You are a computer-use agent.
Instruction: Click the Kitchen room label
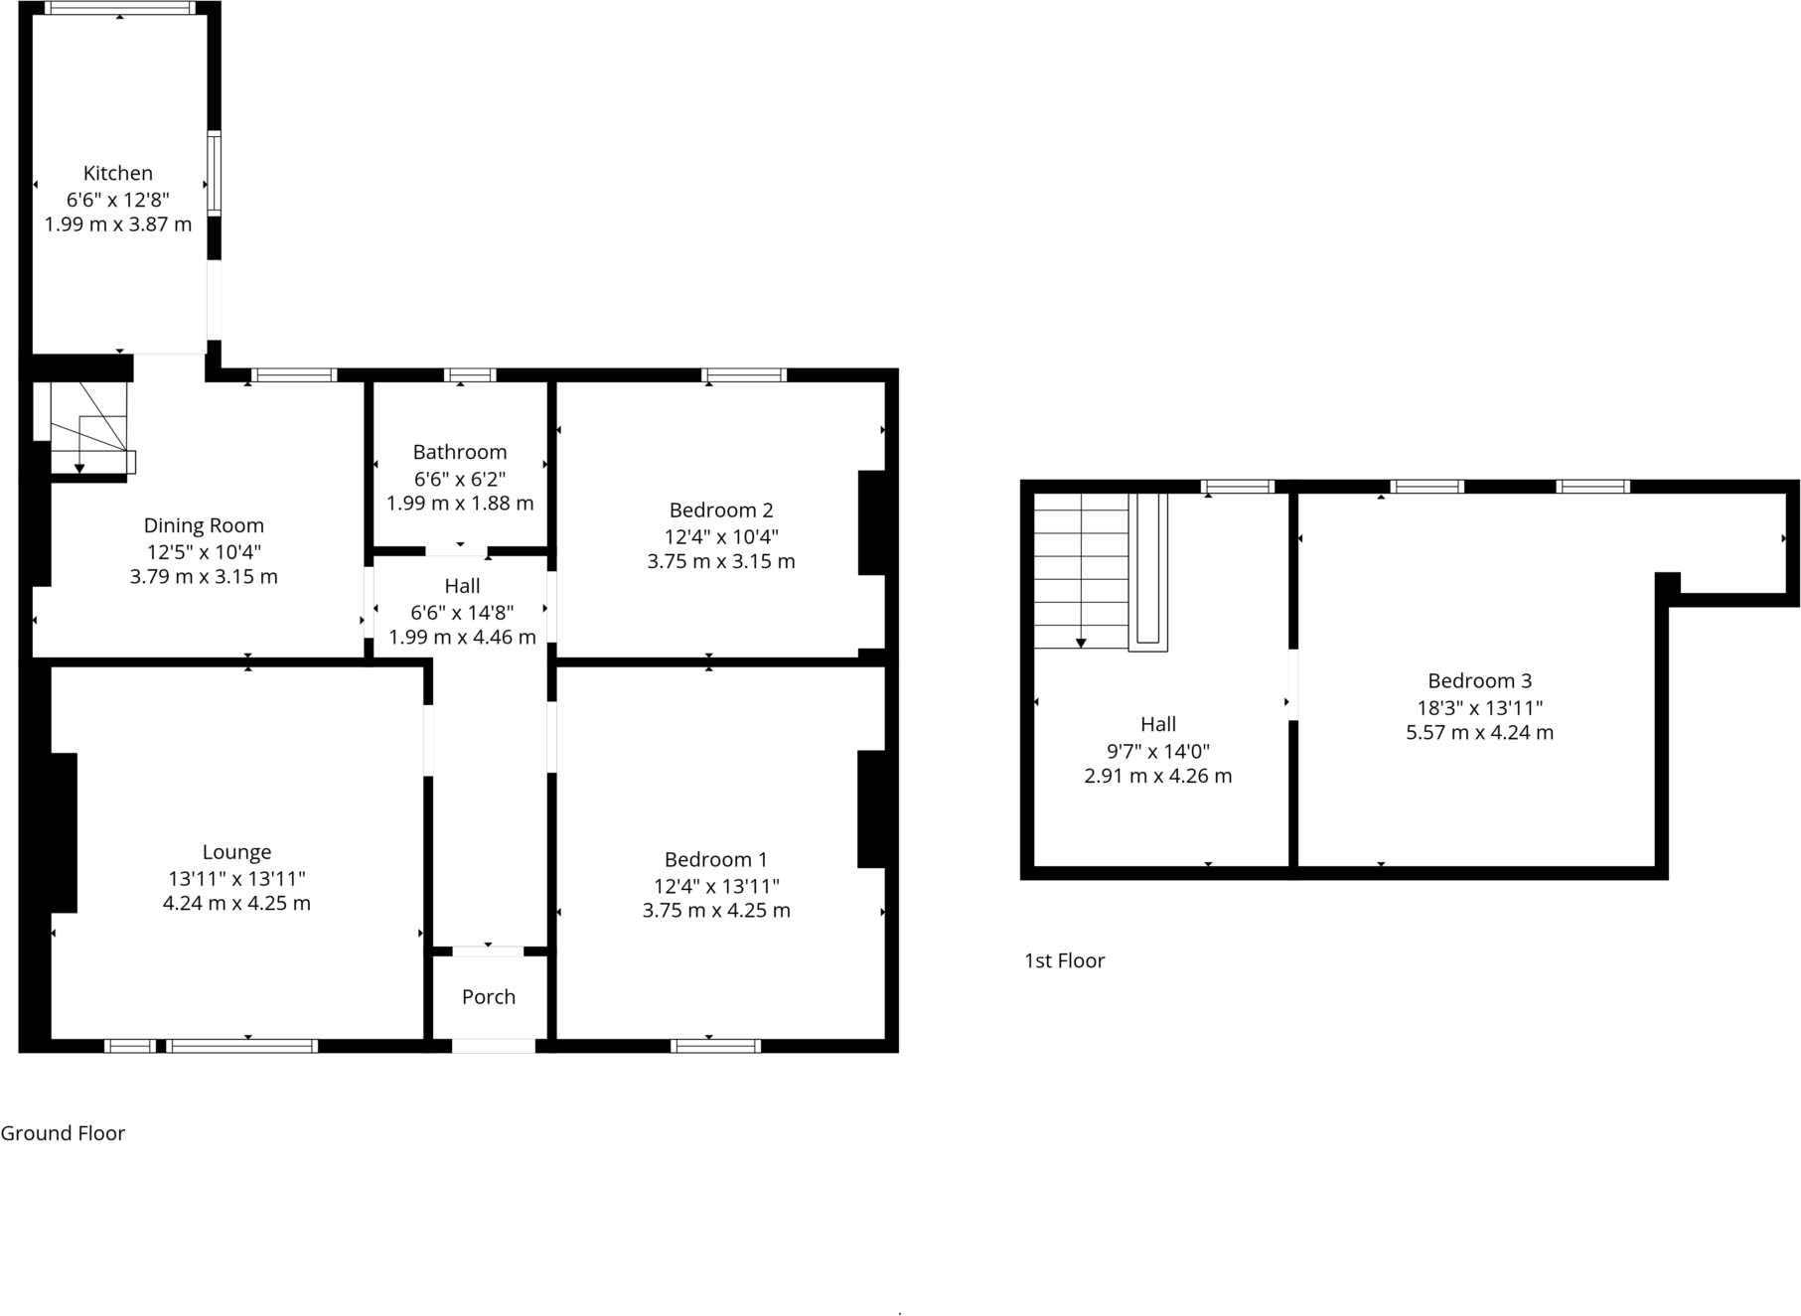117,173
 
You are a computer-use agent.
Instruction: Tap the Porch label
489,996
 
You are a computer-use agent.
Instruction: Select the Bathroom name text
460,452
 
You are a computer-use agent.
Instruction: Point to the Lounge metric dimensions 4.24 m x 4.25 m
236,904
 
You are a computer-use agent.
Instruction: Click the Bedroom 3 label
1479,680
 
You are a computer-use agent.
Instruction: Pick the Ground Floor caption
63,1133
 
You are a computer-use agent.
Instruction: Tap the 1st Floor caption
1064,960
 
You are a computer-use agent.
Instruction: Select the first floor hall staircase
1082,571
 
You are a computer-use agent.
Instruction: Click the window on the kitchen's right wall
214,173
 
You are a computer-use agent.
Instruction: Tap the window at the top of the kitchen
119,8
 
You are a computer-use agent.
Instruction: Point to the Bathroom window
470,375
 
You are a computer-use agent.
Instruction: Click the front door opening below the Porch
493,1045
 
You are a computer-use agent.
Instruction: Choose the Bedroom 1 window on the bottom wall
715,1045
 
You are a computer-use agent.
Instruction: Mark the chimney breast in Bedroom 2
872,522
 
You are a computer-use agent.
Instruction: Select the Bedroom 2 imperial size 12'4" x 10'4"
721,536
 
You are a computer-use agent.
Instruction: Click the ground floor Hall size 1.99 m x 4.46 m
462,638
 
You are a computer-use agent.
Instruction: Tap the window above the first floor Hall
1237,487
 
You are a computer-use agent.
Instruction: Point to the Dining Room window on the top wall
294,375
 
